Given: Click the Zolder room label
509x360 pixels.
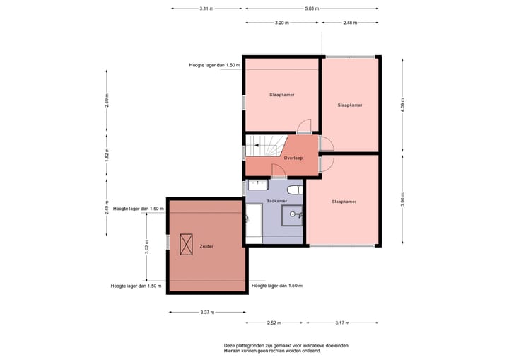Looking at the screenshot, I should tap(206, 246).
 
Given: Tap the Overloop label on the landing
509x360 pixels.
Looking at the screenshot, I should tap(293, 158).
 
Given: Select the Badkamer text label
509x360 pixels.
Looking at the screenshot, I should tap(276, 202).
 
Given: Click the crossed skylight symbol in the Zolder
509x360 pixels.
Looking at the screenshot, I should tap(187, 245).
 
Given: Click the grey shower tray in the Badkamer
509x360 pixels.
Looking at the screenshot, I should tap(292, 215).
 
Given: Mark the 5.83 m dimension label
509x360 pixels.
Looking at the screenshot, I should tap(312, 8).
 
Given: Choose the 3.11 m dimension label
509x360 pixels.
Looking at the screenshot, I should tap(206, 8).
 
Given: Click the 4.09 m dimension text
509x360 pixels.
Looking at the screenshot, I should tap(402, 105).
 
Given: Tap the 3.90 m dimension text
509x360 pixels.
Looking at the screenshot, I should tap(402, 200).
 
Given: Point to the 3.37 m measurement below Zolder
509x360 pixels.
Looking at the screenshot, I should tap(207, 312).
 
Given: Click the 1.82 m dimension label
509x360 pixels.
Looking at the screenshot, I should tap(107, 154).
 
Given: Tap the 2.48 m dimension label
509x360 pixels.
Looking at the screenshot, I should tap(349, 23).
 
